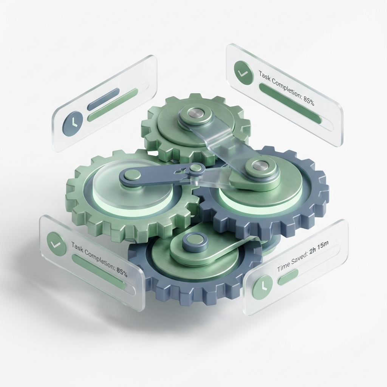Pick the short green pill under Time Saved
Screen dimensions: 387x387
[288, 277]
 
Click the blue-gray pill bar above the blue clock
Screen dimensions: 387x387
[103, 99]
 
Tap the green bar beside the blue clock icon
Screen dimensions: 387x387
[112, 105]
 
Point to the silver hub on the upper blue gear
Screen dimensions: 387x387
[259, 166]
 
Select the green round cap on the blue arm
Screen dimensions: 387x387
[132, 175]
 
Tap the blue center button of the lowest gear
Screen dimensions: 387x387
[195, 242]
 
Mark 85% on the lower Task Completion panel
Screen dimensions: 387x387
[121, 271]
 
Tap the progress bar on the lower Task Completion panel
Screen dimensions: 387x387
[99, 272]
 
